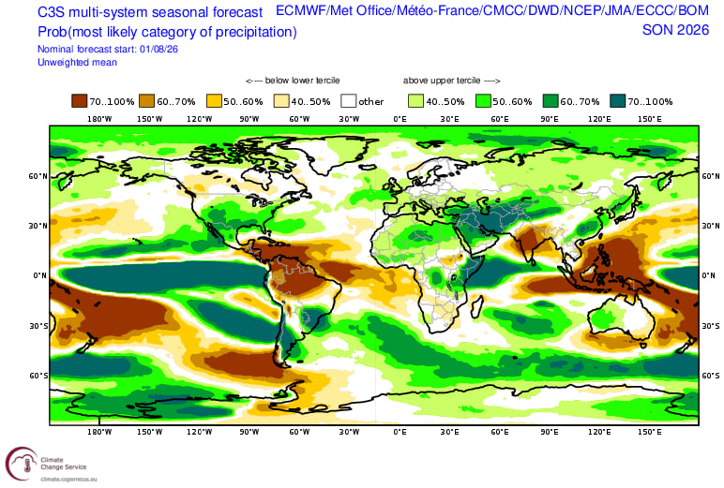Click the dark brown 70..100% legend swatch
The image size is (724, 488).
(80, 101)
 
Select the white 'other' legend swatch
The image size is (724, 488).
(349, 101)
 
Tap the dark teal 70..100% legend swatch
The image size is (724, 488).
(618, 101)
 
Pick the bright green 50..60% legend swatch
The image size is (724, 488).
(483, 101)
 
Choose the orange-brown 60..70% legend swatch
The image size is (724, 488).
(147, 101)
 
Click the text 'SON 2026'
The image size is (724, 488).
(675, 30)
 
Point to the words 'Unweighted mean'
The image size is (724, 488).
(77, 62)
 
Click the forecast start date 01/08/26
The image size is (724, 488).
(158, 49)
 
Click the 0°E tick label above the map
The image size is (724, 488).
(400, 119)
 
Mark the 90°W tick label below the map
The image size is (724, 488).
(249, 432)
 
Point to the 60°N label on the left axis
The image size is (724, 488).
(38, 176)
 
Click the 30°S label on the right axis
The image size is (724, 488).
(711, 326)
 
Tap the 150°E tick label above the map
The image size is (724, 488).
(650, 119)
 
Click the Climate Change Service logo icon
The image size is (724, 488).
(22, 464)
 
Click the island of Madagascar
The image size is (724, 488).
(478, 306)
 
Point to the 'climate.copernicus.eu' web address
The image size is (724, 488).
(68, 480)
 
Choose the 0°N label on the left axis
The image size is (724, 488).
(39, 275)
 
